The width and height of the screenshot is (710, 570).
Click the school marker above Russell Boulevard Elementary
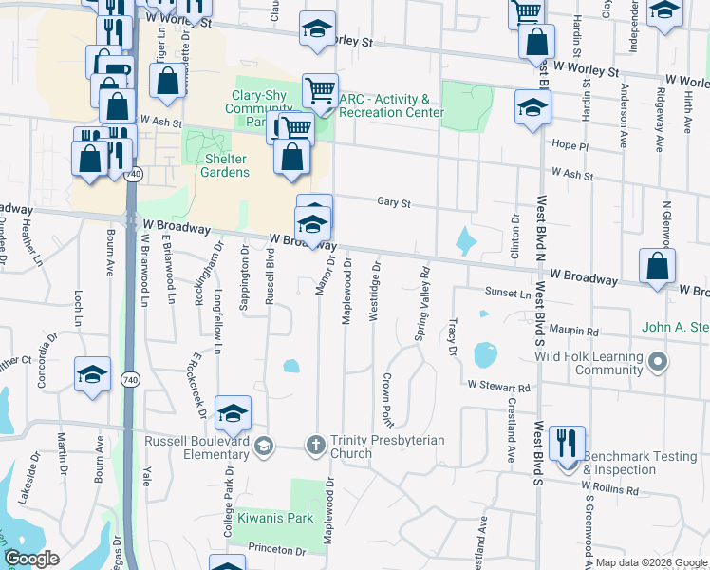click(232, 413)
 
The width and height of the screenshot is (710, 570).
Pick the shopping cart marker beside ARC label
click(320, 92)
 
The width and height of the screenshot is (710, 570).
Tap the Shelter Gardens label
click(225, 165)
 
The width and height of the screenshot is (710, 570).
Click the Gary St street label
click(393, 202)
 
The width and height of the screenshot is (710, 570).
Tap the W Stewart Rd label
click(497, 387)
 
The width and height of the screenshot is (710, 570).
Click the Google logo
click(31, 559)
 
